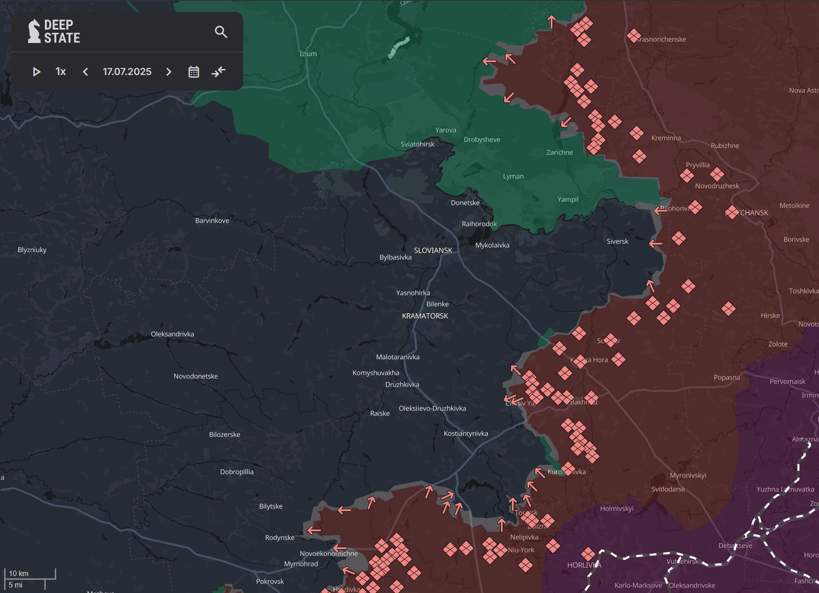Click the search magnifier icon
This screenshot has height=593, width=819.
click(x=221, y=32)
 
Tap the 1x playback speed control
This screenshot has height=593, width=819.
click(x=60, y=72)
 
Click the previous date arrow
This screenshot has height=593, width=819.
click(x=85, y=72)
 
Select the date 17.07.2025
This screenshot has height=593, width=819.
click(x=127, y=72)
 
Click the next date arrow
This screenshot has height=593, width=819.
click(x=169, y=72)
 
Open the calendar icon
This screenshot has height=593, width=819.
click(x=194, y=72)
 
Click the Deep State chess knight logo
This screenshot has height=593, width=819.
click(x=34, y=31)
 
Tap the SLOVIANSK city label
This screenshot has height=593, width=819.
click(x=433, y=251)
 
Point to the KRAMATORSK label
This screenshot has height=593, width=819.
click(x=425, y=316)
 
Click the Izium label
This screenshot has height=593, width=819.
click(x=308, y=54)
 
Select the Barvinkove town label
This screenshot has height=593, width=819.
click(x=212, y=221)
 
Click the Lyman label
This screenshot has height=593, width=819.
click(x=513, y=176)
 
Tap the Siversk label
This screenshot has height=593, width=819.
click(x=617, y=241)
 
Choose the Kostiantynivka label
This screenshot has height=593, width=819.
click(x=466, y=433)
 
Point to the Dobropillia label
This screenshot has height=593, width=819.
click(x=237, y=472)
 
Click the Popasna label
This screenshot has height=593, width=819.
click(x=727, y=378)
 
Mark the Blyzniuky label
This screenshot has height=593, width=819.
click(x=32, y=250)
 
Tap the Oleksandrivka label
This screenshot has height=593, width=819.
click(x=172, y=334)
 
